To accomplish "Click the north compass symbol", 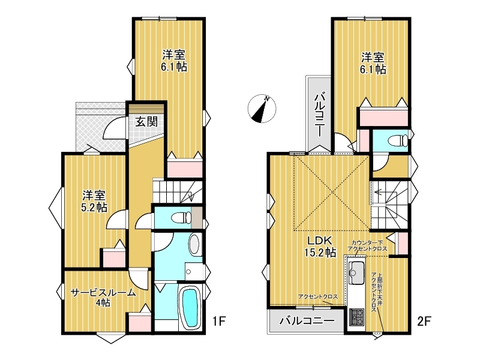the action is [x=262, y=109].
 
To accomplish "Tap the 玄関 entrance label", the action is [x=146, y=122].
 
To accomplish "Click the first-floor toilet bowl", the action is [x=181, y=218].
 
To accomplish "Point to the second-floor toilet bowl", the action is [x=398, y=141].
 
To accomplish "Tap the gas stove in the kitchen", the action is [x=356, y=317].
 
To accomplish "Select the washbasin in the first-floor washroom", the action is [x=194, y=245].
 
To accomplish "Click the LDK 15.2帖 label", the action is [x=320, y=247].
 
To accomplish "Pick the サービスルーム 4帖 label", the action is [x=103, y=298].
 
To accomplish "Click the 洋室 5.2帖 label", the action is [x=94, y=201].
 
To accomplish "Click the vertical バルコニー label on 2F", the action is [x=319, y=114].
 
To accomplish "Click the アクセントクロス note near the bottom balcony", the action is [x=318, y=296].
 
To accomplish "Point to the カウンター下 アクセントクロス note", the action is [x=367, y=245].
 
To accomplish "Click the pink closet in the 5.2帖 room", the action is [x=114, y=259].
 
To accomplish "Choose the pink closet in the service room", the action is [x=140, y=322].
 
